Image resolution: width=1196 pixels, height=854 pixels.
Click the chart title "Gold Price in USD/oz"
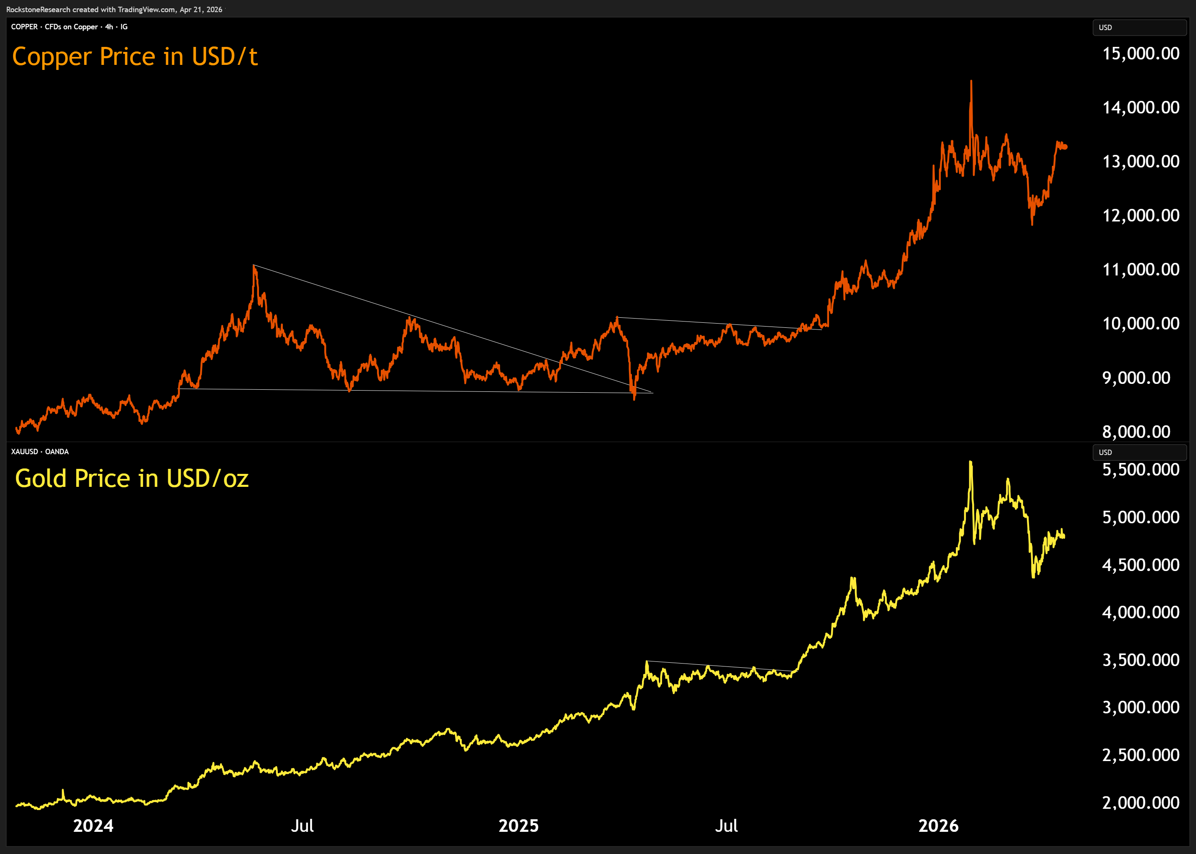point(131,478)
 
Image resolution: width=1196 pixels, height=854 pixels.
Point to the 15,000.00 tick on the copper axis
point(1140,54)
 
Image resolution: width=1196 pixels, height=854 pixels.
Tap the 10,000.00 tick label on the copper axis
point(1140,324)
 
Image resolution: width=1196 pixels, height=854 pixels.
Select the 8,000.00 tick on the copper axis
point(1136,432)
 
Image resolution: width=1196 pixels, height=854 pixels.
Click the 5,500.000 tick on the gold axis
point(1140,470)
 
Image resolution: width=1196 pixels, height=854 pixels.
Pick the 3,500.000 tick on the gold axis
point(1140,660)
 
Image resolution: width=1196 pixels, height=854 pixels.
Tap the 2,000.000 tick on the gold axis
point(1140,803)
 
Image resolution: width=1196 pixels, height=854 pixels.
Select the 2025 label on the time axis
point(518,826)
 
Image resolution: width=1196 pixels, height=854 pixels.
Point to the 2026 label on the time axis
point(938,826)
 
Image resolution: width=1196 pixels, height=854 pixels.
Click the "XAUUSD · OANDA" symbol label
point(40,452)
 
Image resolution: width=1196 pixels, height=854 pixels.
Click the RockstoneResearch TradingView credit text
point(114,10)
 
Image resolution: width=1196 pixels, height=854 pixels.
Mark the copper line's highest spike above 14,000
point(971,82)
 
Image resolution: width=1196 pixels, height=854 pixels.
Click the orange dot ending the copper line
point(1065,147)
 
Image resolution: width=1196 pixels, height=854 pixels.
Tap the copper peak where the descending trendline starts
point(254,266)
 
